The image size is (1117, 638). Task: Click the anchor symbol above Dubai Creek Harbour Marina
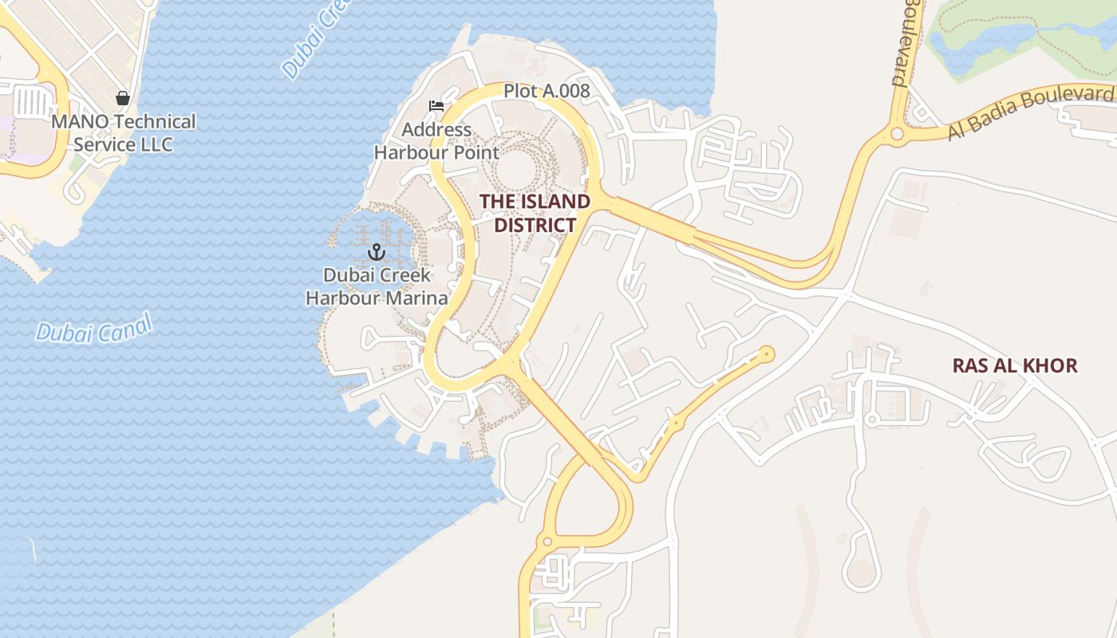[376, 253]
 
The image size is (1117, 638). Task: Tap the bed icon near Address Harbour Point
[436, 105]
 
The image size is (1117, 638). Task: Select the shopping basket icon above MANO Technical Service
[123, 98]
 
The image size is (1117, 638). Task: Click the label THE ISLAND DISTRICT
[535, 213]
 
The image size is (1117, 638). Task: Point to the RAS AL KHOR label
[1015, 366]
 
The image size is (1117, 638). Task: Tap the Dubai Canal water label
[93, 328]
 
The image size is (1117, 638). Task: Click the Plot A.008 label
[547, 91]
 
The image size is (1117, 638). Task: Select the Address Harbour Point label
[436, 140]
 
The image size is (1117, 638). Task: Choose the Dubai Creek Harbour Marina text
[377, 287]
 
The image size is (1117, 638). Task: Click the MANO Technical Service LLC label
[123, 133]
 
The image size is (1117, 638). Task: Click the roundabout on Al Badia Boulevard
[897, 133]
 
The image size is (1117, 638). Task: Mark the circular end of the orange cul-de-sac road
[767, 353]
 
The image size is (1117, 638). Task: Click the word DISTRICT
[535, 225]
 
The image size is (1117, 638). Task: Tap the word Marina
[412, 298]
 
